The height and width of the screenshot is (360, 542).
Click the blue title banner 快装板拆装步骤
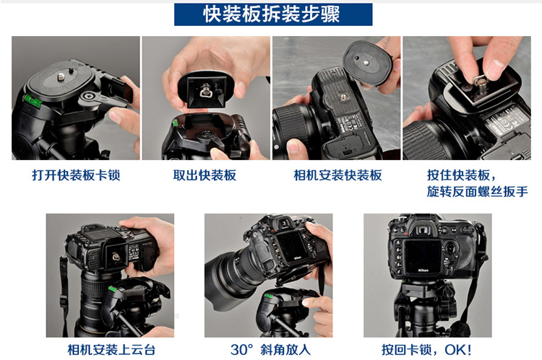[273, 14]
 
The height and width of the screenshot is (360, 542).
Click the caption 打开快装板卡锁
[76, 175]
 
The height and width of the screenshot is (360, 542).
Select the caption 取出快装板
[205, 175]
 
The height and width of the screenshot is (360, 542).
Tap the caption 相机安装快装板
[337, 175]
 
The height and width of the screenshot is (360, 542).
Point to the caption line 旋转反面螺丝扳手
[478, 191]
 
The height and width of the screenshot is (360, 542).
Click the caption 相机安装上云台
[111, 350]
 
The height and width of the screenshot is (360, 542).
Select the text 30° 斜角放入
[270, 350]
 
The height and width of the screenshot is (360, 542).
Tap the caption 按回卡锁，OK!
[427, 350]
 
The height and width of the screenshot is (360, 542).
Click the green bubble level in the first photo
[30, 100]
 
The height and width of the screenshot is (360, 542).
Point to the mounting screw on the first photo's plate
[61, 76]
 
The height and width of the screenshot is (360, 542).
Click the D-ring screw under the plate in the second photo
[203, 92]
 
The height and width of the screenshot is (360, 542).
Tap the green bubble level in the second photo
[176, 122]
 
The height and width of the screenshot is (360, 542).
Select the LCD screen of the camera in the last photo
[423, 256]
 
